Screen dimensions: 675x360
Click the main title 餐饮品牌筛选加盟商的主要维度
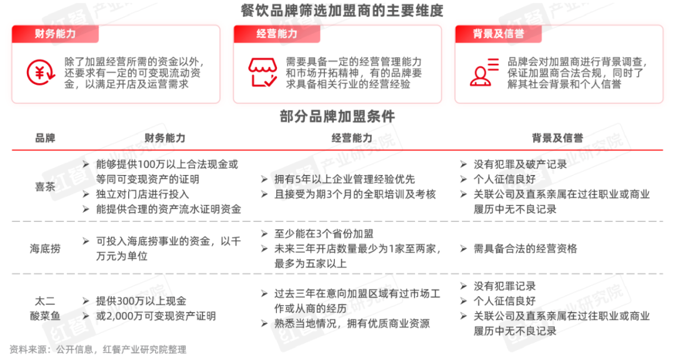click(x=342, y=11)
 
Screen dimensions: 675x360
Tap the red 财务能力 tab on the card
click(x=56, y=34)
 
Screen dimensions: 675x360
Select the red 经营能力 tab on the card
click(x=277, y=34)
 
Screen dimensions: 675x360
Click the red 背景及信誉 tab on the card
click(x=499, y=34)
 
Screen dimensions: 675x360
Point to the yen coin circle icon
click(x=41, y=72)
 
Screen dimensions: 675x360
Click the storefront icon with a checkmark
click(x=262, y=72)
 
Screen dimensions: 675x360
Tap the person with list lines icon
click(x=484, y=72)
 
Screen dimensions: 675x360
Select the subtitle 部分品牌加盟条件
click(x=337, y=116)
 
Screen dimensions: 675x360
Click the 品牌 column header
click(x=45, y=138)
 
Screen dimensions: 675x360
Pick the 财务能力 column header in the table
click(x=165, y=138)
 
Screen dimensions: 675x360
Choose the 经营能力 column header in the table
click(x=352, y=138)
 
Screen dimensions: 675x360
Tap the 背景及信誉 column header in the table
click(x=557, y=138)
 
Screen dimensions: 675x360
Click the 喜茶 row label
click(x=45, y=187)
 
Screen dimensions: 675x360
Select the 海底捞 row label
click(x=45, y=249)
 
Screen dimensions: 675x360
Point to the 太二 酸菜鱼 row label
click(x=45, y=308)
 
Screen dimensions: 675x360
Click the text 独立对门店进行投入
click(x=142, y=194)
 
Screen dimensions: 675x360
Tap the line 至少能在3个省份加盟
click(x=324, y=234)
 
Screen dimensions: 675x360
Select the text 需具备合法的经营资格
click(x=525, y=249)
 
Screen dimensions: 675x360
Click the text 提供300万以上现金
click(x=141, y=301)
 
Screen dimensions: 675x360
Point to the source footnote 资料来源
click(x=98, y=349)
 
